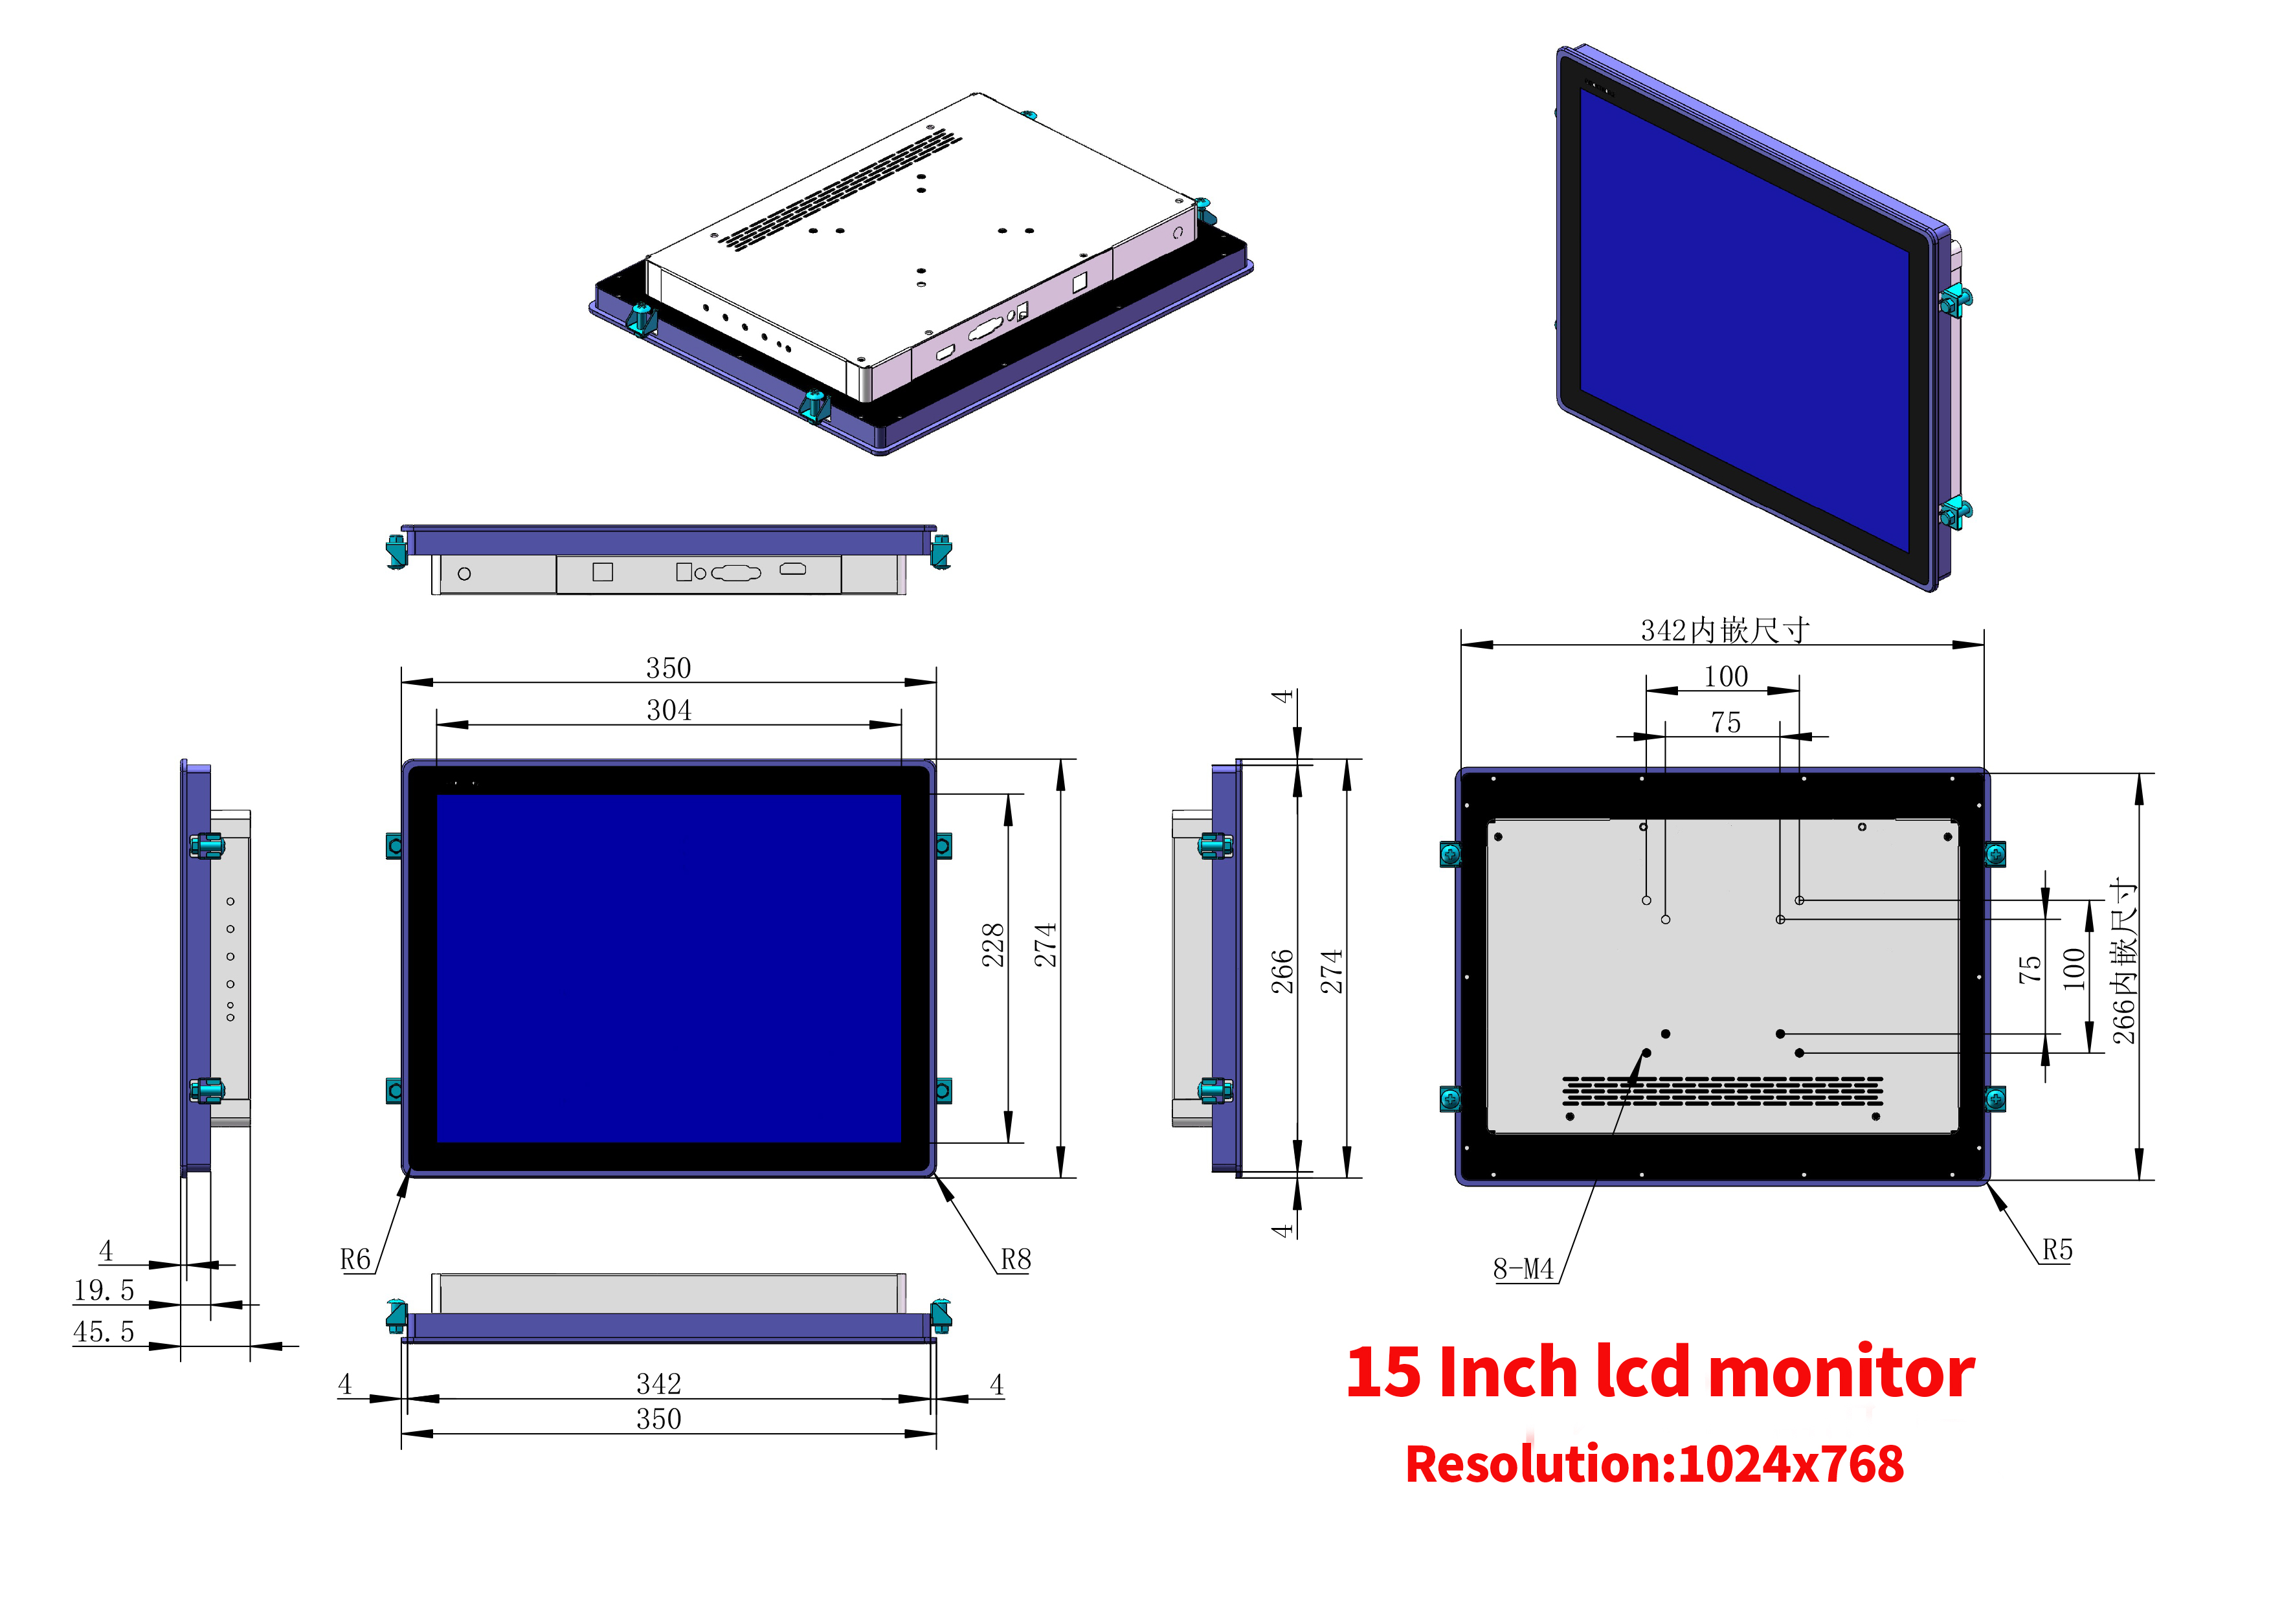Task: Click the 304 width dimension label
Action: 669,710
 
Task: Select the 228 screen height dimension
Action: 992,944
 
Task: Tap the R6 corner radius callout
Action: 355,1259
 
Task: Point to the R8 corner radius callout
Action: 1016,1259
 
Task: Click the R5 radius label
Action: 2057,1250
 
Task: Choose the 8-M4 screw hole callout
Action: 1523,1269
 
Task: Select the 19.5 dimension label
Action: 104,1291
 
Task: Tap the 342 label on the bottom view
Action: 659,1383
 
